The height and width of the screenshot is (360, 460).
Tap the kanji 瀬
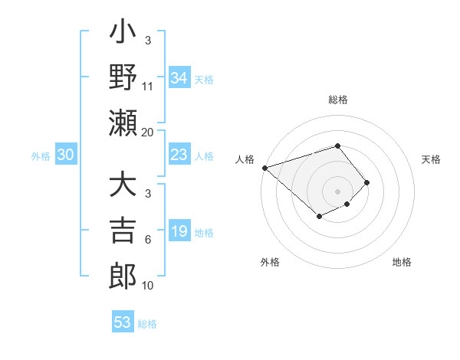click(x=123, y=123)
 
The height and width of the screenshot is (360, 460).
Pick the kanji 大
click(x=123, y=186)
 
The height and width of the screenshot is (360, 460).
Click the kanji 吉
click(x=123, y=231)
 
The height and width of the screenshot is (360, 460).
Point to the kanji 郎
click(x=123, y=276)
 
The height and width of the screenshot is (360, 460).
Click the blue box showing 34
click(x=179, y=78)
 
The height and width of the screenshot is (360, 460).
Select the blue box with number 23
click(x=179, y=155)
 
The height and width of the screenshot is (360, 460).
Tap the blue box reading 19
click(x=179, y=232)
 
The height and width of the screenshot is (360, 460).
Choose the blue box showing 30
click(x=66, y=155)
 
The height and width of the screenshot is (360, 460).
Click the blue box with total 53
click(x=123, y=322)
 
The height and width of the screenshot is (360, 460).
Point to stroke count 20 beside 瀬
click(x=148, y=133)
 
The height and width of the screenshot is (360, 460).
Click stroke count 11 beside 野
click(x=148, y=87)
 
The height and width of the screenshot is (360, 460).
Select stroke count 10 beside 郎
click(x=148, y=286)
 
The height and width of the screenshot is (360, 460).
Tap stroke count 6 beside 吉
click(x=148, y=241)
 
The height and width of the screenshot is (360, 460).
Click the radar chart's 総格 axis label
click(x=338, y=100)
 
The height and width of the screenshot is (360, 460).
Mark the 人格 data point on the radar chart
click(x=264, y=168)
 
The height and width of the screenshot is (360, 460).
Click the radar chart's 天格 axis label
click(x=432, y=159)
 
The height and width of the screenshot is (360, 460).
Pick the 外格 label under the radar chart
click(x=270, y=262)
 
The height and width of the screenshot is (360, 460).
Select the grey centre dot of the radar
click(x=338, y=191)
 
